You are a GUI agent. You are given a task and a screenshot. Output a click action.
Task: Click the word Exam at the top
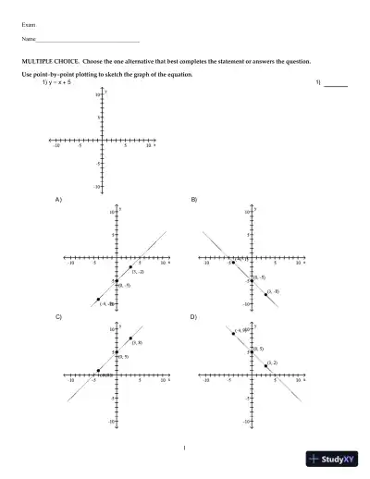(28, 24)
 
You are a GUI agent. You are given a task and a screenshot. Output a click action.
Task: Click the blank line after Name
(87, 42)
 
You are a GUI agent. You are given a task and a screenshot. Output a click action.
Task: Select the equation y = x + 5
(58, 82)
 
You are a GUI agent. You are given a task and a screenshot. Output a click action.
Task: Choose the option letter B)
(194, 200)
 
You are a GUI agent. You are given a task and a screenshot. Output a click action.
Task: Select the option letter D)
(194, 317)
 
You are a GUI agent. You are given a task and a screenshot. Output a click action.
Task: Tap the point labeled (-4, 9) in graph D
(233, 333)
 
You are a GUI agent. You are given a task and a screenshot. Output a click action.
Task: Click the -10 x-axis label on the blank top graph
(57, 146)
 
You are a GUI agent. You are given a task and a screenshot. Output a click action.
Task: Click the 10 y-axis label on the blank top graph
(96, 94)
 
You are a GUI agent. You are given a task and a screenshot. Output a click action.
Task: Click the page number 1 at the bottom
(185, 449)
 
